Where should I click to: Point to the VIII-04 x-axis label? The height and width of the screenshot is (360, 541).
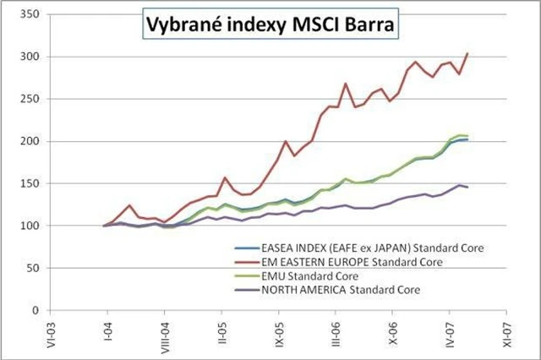point(164,335)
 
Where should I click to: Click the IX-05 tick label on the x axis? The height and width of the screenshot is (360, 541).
point(278,332)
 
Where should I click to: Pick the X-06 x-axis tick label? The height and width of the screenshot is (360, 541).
point(393,331)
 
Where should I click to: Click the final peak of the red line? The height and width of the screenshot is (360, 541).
point(467,53)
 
